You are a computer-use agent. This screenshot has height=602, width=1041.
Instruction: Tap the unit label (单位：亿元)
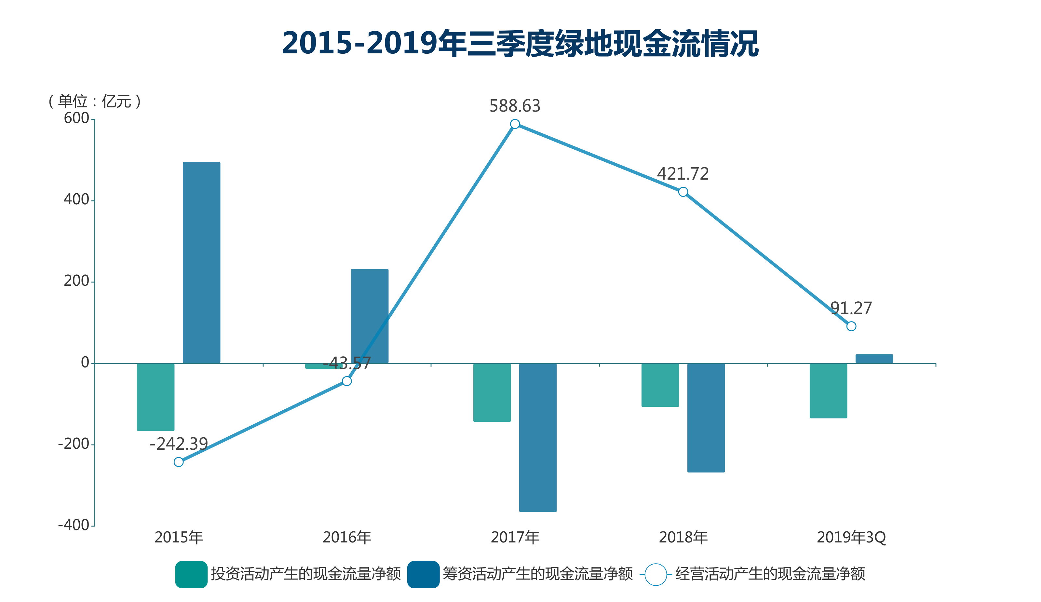tap(95, 101)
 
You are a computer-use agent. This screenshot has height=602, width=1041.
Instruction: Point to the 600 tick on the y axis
tap(76, 118)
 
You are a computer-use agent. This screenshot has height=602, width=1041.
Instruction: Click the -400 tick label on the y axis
tap(74, 525)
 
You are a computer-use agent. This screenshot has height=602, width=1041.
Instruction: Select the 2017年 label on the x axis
tap(515, 538)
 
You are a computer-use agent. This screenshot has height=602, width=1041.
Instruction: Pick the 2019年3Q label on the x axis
tap(851, 538)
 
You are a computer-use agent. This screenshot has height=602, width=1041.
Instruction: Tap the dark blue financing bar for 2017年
tap(538, 438)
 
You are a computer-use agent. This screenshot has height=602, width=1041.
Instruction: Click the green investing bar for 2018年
tap(660, 385)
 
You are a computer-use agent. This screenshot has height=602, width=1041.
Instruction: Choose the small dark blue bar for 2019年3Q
tap(874, 359)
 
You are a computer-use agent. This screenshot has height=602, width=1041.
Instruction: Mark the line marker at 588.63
tap(515, 124)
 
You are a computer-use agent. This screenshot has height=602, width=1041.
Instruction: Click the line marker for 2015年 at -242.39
tap(179, 462)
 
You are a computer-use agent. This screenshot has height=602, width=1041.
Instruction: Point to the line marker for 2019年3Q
tap(851, 326)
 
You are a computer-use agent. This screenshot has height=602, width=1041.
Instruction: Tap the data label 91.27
tap(851, 308)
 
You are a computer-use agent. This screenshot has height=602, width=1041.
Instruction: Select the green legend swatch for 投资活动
tap(191, 574)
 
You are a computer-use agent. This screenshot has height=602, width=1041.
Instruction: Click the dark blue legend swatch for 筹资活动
tap(423, 574)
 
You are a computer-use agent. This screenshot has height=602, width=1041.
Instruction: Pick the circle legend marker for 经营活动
tap(656, 574)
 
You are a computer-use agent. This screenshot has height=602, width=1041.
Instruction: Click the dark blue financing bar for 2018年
tap(706, 418)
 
